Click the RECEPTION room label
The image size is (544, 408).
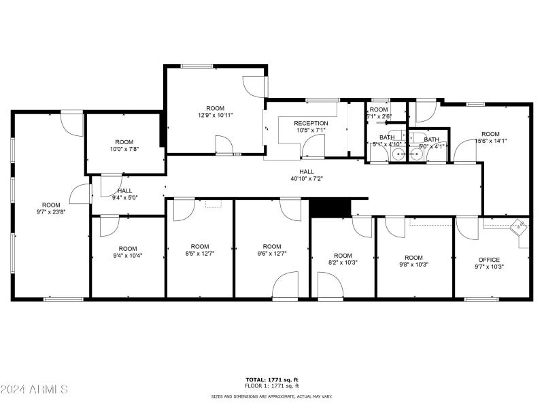click(311, 123)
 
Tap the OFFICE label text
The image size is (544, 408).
click(488, 260)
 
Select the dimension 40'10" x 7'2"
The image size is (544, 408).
click(306, 179)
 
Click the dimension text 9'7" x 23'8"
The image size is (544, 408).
click(51, 211)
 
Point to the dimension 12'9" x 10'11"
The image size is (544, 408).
click(215, 116)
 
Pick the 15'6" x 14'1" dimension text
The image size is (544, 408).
click(490, 141)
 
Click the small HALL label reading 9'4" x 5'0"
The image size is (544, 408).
click(124, 198)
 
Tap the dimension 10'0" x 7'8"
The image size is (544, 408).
click(124, 149)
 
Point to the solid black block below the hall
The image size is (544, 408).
click(329, 207)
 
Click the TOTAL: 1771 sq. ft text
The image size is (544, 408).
click(272, 379)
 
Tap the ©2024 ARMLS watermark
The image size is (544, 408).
click(34, 390)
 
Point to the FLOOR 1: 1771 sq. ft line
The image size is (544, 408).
click(272, 385)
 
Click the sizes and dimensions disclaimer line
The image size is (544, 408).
click(272, 395)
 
